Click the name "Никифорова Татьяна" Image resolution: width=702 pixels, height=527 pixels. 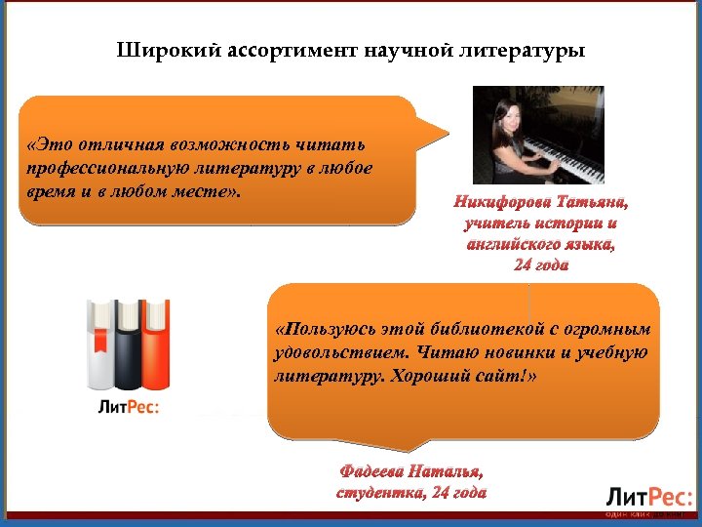click(x=540, y=203)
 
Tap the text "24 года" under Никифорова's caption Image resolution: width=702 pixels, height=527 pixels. click(x=540, y=264)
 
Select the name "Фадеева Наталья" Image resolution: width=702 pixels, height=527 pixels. click(x=410, y=472)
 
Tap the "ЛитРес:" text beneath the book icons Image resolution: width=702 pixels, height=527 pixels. click(x=128, y=407)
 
